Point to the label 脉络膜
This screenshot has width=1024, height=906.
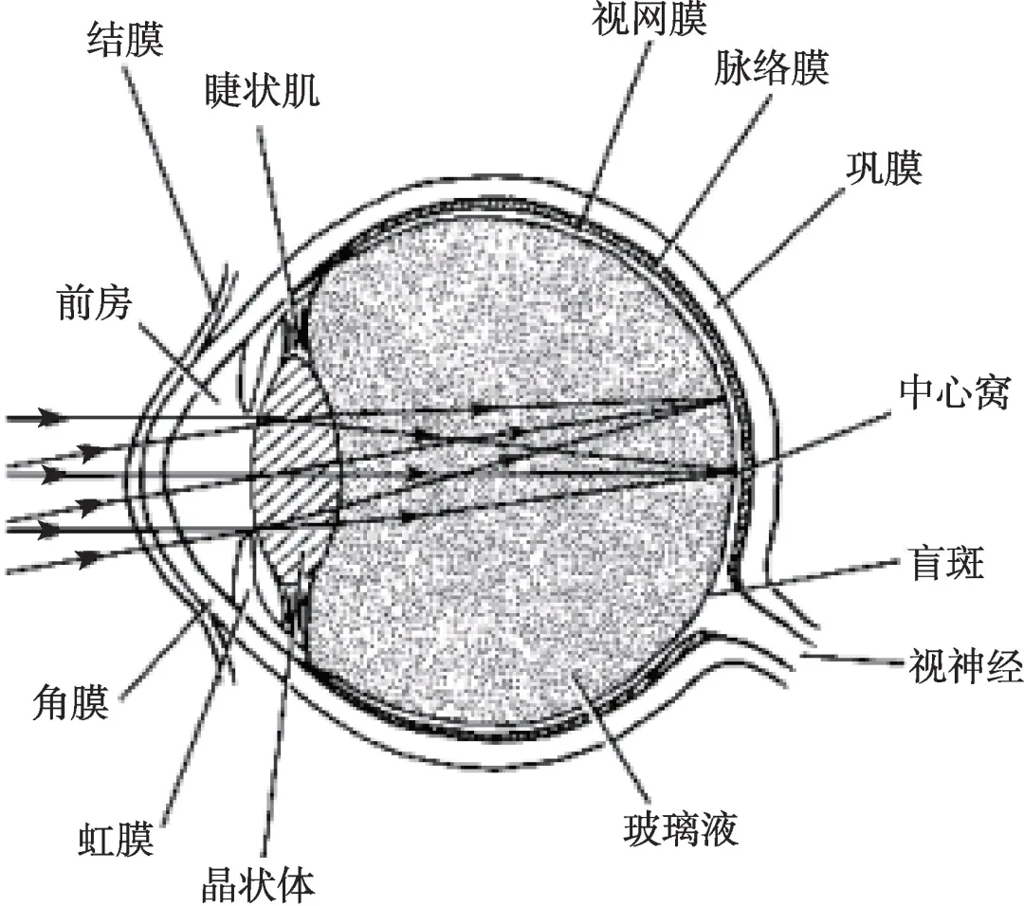tap(773, 68)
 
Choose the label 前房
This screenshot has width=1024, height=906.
tap(91, 304)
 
